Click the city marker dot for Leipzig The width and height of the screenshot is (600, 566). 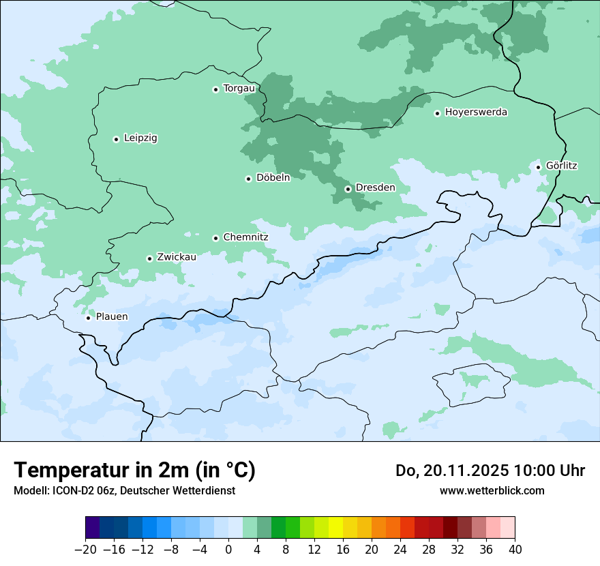tap(116, 139)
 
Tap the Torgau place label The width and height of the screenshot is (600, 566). tap(239, 89)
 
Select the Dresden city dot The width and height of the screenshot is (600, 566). tap(348, 189)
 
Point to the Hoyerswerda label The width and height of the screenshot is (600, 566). tap(476, 113)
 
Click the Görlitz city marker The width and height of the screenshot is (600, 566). tap(538, 167)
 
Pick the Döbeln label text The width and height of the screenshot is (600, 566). tap(273, 178)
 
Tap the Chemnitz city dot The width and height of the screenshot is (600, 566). tap(215, 238)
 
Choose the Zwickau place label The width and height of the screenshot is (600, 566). tap(177, 257)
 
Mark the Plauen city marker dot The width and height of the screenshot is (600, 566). tap(88, 318)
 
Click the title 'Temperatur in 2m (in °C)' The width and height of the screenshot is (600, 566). tap(135, 471)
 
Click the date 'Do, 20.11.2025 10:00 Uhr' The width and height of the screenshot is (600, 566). tap(490, 471)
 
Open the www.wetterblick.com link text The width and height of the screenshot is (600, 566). tap(492, 491)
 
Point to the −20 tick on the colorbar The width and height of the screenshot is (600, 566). tap(86, 550)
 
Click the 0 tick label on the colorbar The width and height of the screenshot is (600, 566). tap(228, 550)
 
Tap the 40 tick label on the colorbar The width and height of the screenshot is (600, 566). tap(515, 550)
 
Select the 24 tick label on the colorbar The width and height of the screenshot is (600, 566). tap(400, 550)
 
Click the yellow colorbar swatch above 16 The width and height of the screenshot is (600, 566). tap(335, 528)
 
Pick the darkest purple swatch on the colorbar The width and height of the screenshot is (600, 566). tap(93, 528)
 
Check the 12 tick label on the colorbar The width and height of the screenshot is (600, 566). tap(314, 550)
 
